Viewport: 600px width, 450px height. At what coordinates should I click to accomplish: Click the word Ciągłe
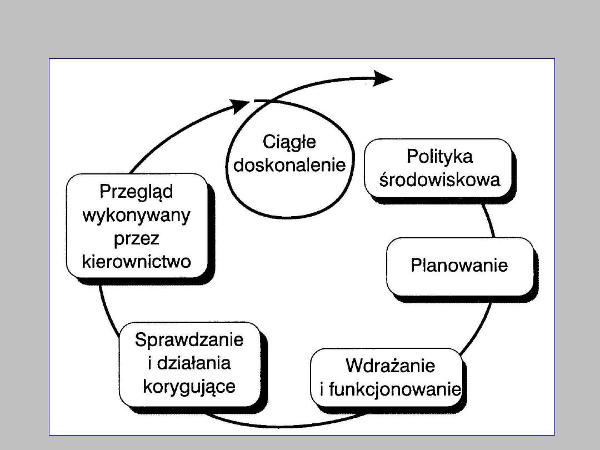pos(289,143)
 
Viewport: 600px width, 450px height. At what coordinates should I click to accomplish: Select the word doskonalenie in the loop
pos(289,165)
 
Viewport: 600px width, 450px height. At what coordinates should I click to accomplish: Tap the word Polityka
pos(439,157)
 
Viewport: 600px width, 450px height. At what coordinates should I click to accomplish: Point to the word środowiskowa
pos(439,179)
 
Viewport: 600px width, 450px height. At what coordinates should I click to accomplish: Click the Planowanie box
pos(459,266)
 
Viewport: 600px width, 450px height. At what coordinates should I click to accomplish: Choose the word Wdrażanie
pos(390,366)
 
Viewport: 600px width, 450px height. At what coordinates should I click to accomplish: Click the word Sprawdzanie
pos(189,339)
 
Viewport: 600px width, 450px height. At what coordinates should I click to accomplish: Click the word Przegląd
pos(137,192)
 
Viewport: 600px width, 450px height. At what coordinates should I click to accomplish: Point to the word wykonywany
pos(137,215)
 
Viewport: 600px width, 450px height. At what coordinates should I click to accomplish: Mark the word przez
pos(137,238)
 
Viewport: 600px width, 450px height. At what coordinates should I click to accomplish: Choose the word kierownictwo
pos(137,261)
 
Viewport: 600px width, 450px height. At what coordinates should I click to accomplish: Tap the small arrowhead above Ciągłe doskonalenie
pos(241,104)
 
